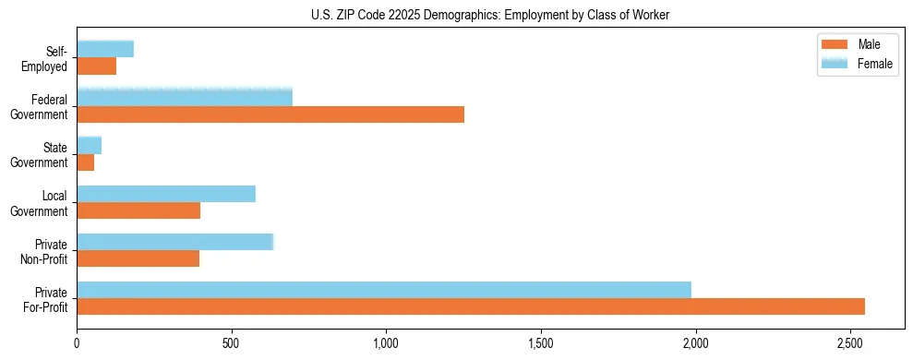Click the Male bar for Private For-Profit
(x=471, y=306)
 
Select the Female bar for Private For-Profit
(x=384, y=290)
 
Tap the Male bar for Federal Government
(x=270, y=114)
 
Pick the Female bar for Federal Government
(x=185, y=97)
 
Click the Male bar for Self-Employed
(x=97, y=66)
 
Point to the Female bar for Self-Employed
(x=105, y=49)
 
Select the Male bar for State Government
(x=86, y=162)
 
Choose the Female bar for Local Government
(x=166, y=194)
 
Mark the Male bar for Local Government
(x=138, y=210)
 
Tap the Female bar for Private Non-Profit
(x=175, y=242)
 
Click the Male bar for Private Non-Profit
(x=138, y=258)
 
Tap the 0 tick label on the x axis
(x=78, y=343)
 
